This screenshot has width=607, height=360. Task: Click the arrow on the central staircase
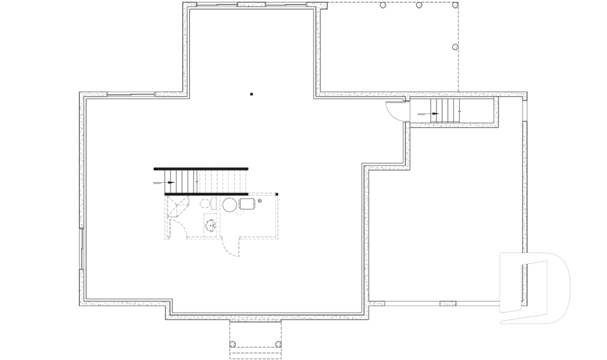(169, 182)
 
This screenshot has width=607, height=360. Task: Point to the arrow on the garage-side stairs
(436, 114)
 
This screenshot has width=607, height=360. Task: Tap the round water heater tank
(229, 204)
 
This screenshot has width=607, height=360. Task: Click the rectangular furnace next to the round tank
(246, 204)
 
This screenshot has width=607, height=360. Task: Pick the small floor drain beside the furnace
(259, 201)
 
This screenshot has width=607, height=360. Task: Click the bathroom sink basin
(210, 223)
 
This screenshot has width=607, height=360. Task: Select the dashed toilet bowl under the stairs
(205, 204)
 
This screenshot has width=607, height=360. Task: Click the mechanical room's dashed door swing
(232, 248)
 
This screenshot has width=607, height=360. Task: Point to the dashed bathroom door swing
(175, 228)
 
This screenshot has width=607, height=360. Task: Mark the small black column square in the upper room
(251, 94)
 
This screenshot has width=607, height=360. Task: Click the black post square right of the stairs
(277, 194)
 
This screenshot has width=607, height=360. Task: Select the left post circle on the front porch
(233, 344)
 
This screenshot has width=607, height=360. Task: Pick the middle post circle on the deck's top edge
(419, 5)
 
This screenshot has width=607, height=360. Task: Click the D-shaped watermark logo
(534, 288)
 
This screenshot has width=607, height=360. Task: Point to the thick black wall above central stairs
(201, 169)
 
